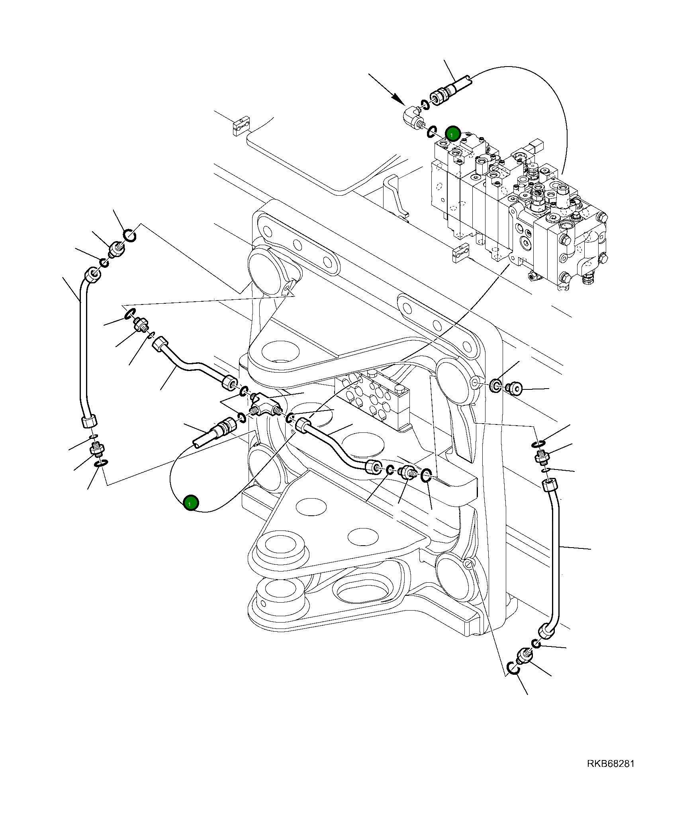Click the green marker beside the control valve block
click(453, 134)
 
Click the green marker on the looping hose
click(191, 503)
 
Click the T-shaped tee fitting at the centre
click(265, 406)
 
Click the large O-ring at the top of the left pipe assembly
click(129, 236)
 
